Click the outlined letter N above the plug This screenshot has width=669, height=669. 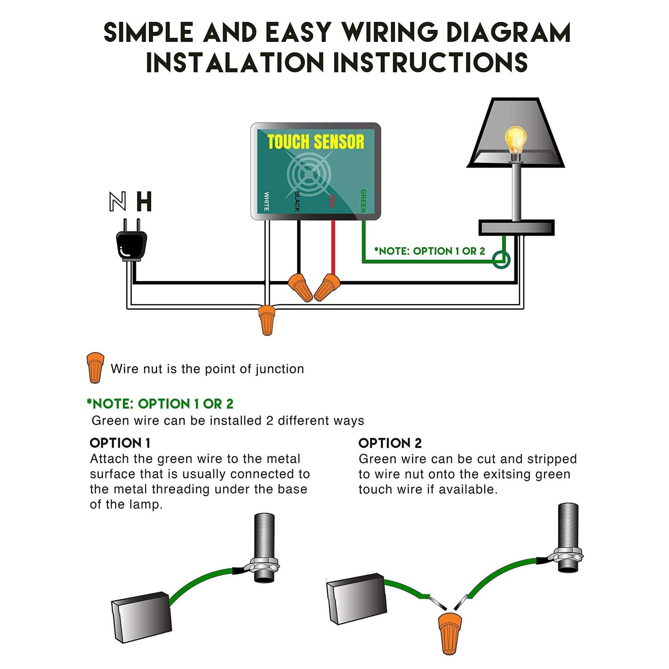click(117, 202)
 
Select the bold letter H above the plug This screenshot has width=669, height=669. click(144, 202)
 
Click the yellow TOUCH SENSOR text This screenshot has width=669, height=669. click(316, 142)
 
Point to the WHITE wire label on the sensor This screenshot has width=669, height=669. click(266, 201)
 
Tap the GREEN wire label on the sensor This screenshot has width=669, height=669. click(363, 201)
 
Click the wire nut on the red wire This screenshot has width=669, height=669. click(328, 287)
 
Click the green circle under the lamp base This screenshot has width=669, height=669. click(502, 260)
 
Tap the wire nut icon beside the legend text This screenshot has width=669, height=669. click(95, 368)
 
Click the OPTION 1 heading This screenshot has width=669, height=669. click(120, 443)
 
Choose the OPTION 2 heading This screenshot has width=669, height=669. click(390, 443)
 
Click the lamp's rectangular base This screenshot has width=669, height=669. click(516, 227)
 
